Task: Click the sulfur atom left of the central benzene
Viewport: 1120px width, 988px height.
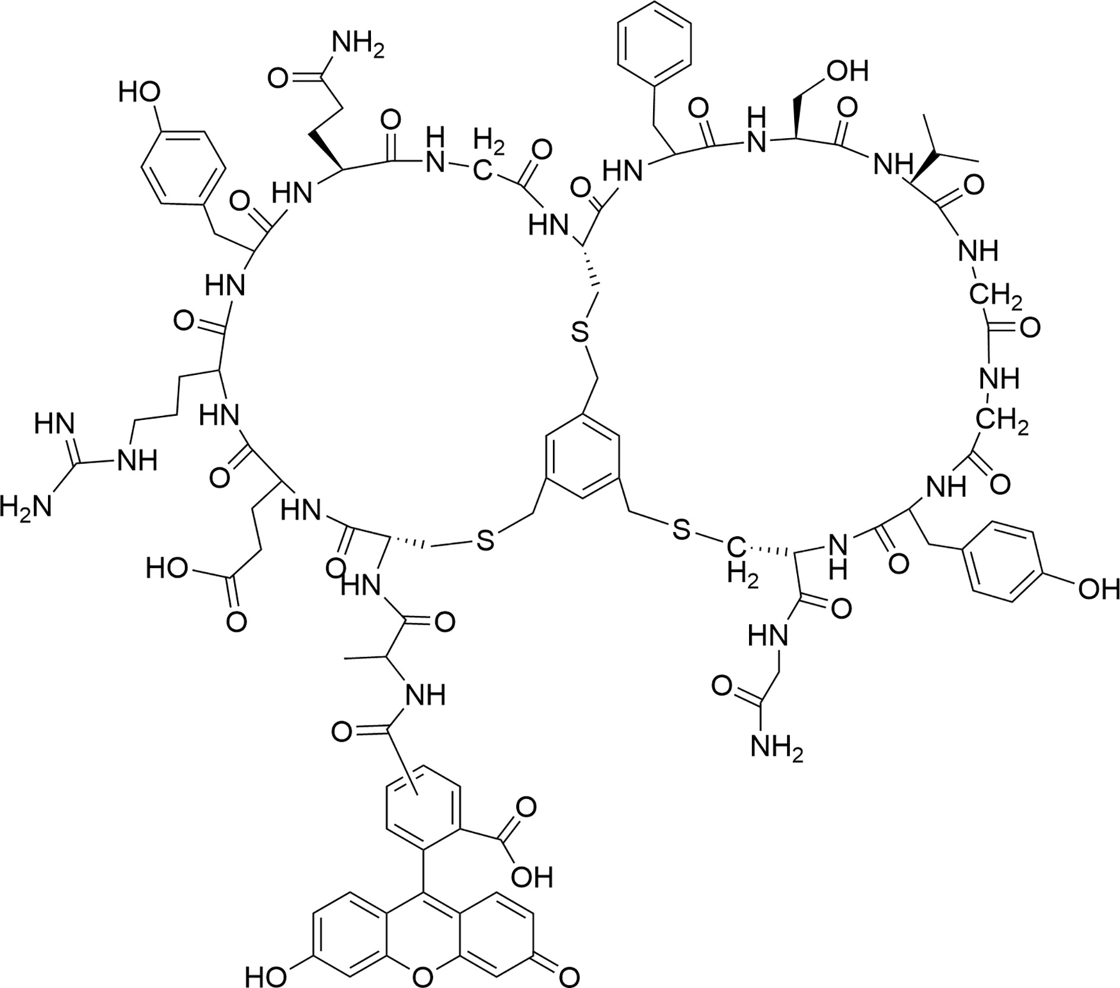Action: pos(485,541)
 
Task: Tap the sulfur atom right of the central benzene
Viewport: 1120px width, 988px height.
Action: pos(681,530)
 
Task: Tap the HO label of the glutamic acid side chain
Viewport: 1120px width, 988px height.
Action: pos(167,569)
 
